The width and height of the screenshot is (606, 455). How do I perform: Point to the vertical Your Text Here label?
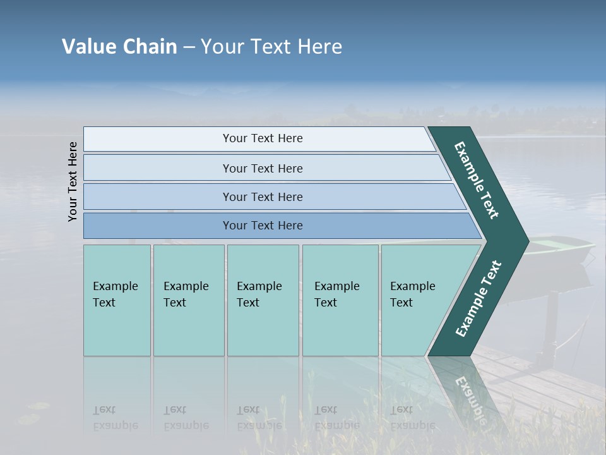coord(73,181)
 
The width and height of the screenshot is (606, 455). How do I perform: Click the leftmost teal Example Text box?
coord(117,300)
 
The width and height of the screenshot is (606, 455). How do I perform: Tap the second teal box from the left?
coord(188,300)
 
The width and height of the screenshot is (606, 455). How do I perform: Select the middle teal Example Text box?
coord(263,300)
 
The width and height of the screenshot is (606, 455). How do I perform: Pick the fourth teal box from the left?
coord(340,300)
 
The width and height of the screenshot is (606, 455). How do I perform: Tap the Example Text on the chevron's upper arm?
coord(477,179)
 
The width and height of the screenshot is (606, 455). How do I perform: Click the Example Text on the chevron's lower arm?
coord(478,299)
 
